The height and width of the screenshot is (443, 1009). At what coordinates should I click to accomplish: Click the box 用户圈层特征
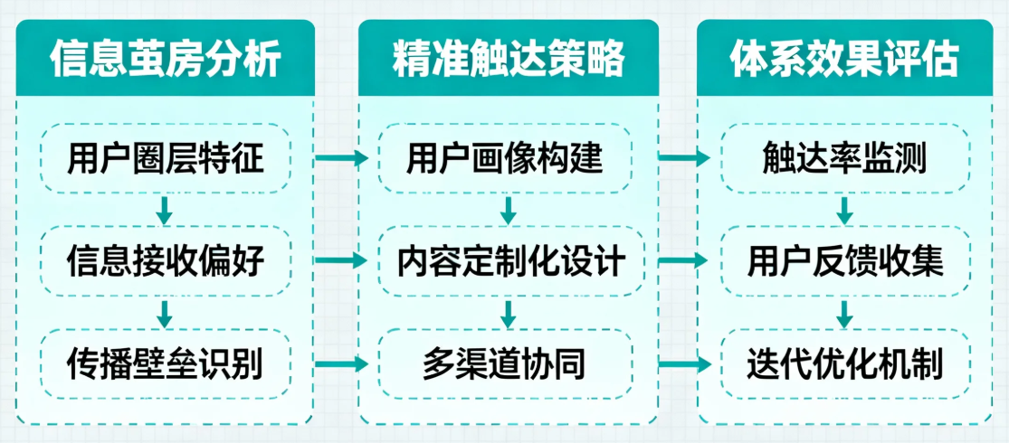point(166,159)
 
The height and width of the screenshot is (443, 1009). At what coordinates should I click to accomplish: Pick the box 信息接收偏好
point(166,262)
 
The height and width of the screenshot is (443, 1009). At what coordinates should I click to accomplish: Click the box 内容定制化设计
point(509,262)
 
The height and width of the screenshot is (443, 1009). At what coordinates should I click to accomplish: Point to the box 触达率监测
point(844,159)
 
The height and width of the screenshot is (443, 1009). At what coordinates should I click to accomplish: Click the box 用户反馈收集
point(844,262)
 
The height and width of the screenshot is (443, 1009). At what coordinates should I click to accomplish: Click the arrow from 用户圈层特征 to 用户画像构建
point(341,159)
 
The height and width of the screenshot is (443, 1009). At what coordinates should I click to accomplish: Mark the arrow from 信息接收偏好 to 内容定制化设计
point(341,262)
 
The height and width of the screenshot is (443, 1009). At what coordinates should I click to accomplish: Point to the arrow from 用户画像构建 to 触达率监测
point(683,159)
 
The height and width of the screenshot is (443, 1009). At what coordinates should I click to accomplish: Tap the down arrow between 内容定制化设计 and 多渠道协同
point(509,314)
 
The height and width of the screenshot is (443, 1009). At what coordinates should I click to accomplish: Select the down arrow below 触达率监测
point(844,211)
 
